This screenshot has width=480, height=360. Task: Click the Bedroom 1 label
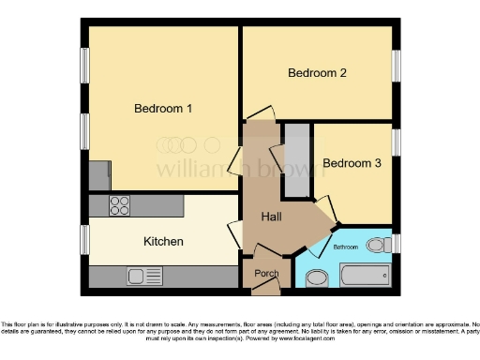(163, 109)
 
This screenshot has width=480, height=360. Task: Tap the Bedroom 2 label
(318, 73)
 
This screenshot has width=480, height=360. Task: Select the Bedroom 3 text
(352, 163)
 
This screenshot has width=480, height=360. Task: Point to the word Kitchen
(163, 242)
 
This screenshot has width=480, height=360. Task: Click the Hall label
(272, 217)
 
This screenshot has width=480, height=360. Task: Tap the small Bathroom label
(346, 247)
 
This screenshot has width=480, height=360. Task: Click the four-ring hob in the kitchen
(120, 205)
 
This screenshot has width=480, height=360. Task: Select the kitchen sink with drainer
(145, 277)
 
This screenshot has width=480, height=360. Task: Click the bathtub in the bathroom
(367, 277)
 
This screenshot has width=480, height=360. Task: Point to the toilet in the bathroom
(377, 245)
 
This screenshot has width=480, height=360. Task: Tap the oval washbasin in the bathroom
(317, 277)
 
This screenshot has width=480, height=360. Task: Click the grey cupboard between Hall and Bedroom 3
(296, 159)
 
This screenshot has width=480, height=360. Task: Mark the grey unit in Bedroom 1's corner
(99, 175)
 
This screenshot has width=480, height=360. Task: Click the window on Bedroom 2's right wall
(396, 67)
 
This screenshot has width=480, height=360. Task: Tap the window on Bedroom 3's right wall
(396, 142)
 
